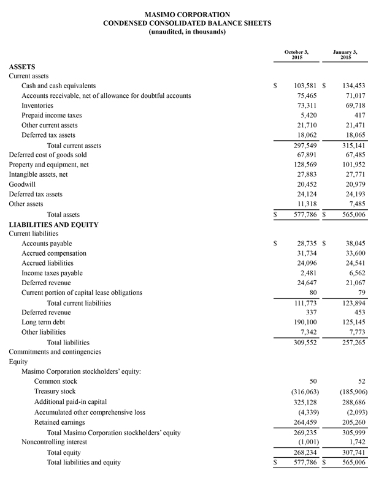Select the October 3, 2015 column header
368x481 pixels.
(x=296, y=54)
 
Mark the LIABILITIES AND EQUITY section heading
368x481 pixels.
(x=53, y=225)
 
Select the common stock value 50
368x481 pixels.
(x=312, y=381)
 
